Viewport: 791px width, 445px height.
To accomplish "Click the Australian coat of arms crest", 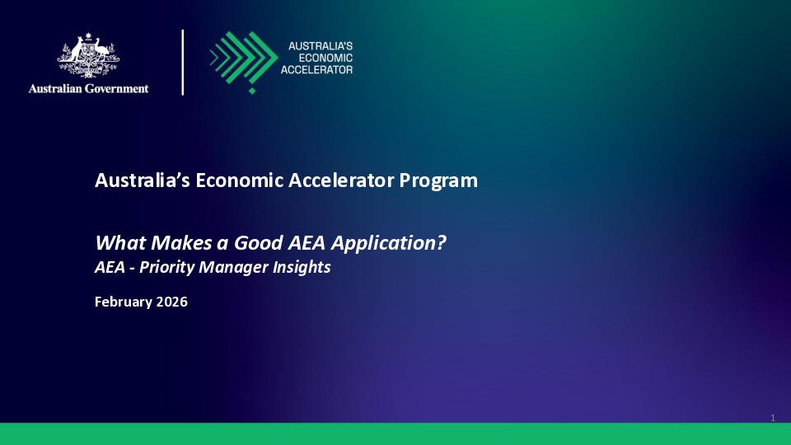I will [88, 56].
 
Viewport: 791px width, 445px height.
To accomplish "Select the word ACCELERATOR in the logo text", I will [316, 70].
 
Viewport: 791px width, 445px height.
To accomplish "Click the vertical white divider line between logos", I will [183, 62].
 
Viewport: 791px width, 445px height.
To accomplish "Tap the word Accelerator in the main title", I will [341, 180].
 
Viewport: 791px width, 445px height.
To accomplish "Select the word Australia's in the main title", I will [143, 180].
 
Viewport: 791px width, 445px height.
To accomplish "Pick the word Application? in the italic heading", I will [404, 243].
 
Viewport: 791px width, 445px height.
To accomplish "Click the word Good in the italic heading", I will [256, 243].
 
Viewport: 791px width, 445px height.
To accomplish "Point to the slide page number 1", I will [773, 419].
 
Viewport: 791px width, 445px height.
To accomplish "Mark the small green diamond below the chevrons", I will [252, 91].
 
